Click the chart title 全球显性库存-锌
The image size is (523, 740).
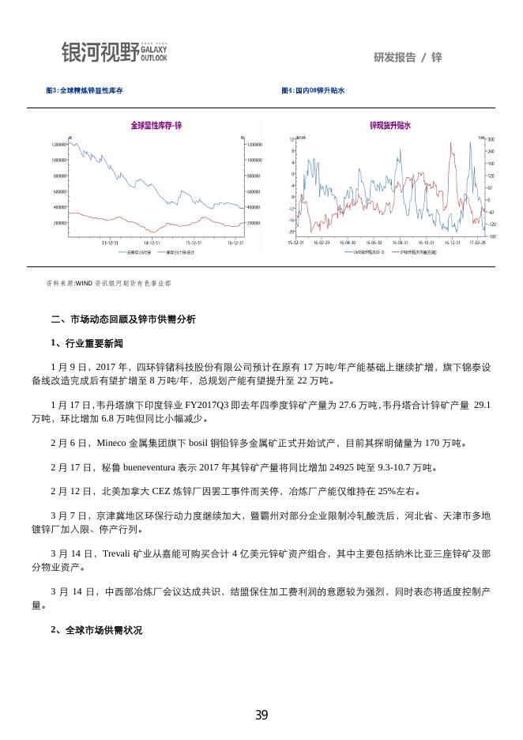coord(156,126)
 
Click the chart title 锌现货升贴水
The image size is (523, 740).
coord(389,126)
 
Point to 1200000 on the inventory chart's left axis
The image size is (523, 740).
coord(58,145)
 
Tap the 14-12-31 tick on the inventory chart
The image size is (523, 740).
coord(152,243)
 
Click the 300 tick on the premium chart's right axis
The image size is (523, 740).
coord(491,139)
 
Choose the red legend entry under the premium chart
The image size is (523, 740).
coord(418,252)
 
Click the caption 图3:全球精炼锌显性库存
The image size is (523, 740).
coord(85,91)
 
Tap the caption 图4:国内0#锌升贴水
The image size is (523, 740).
coord(314,91)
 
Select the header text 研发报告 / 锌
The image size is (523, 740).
coord(408,57)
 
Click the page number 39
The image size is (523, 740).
coord(261,715)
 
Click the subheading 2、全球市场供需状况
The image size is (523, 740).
coord(96,630)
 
